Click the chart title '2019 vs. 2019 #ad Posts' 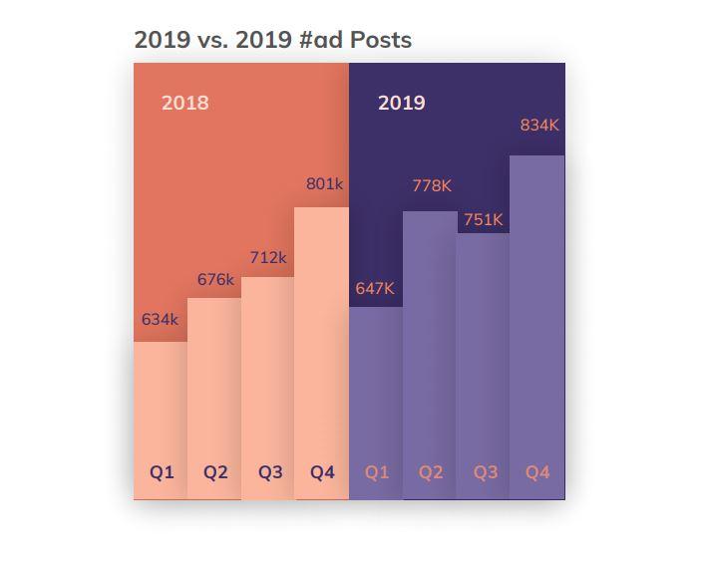click(x=272, y=40)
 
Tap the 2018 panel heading click(x=185, y=103)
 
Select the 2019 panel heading click(x=402, y=103)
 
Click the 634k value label click(x=160, y=320)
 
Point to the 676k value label click(x=215, y=280)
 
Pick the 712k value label click(x=268, y=257)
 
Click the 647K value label click(x=375, y=289)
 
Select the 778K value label click(x=432, y=185)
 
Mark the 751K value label click(x=484, y=220)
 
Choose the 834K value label click(x=539, y=126)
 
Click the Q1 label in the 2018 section click(x=162, y=472)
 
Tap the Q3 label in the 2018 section click(x=270, y=472)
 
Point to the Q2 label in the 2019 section click(x=431, y=472)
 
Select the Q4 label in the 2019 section click(x=537, y=472)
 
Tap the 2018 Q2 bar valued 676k click(x=214, y=389)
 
